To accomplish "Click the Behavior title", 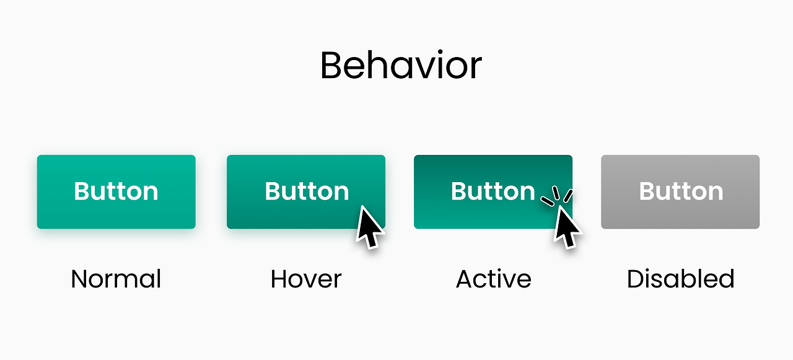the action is coord(401,65).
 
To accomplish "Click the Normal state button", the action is coord(116,192).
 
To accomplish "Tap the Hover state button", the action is coord(306,192).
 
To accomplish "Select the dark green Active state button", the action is coord(493,192).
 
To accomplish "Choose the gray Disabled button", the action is coord(680,192).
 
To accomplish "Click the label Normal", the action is coord(116,279).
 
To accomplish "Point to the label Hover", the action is coord(306,279).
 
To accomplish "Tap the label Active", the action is coord(494,279).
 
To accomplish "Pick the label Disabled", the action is coord(680,278).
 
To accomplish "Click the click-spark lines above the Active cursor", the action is coord(557,196).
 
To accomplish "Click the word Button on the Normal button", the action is coord(116,191).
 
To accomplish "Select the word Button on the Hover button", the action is coord(307,191).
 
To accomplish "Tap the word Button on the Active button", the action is coord(493,191).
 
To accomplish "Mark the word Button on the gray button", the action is coord(681,191).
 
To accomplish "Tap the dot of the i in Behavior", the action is coord(440,53).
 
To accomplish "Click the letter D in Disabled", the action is coord(637,279).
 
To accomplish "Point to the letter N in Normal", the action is coord(80,279).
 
